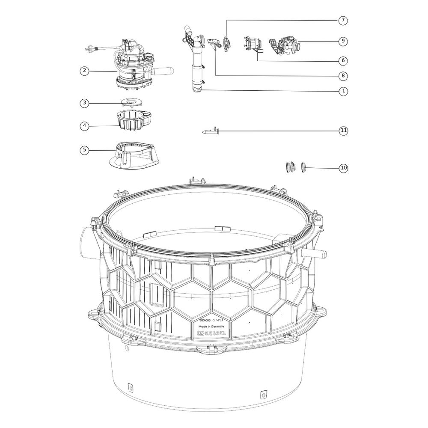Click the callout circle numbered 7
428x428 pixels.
click(x=343, y=21)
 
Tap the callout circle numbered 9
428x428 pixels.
click(x=343, y=41)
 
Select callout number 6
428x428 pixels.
click(x=343, y=61)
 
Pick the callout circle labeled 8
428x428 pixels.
click(x=343, y=76)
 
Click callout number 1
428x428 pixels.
click(x=343, y=91)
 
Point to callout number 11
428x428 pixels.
click(x=343, y=131)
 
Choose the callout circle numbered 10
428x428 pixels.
click(x=343, y=168)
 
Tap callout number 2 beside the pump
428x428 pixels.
click(x=85, y=71)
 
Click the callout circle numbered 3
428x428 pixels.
click(x=85, y=103)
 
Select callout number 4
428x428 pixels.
click(x=85, y=126)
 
